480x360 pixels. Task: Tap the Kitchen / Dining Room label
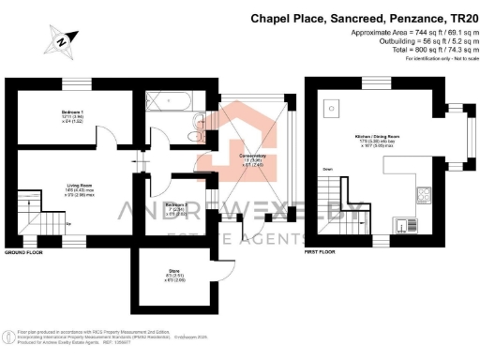pos(377,142)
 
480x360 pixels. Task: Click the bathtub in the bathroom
pos(172,103)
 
